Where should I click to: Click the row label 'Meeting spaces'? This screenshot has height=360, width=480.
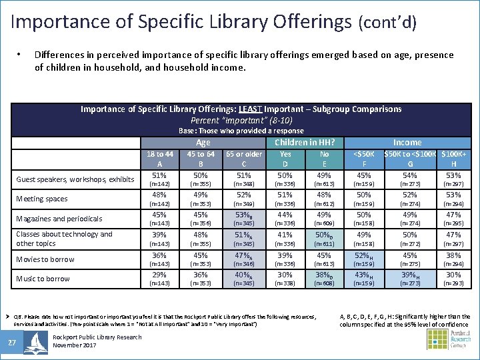[x=42, y=198]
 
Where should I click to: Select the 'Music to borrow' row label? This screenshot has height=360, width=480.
[x=43, y=279]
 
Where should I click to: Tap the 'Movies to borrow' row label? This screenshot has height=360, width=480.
[x=45, y=259]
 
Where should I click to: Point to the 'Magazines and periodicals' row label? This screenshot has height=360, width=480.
[x=59, y=218]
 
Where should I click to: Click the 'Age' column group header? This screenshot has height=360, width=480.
[x=203, y=142]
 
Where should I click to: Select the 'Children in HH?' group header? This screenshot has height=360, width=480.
[x=305, y=142]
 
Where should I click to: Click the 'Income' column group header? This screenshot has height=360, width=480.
[x=407, y=142]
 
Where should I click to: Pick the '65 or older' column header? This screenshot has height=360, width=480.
[x=243, y=154]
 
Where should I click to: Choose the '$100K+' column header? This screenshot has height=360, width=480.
[x=453, y=154]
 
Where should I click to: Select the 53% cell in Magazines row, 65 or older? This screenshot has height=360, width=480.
[x=243, y=215]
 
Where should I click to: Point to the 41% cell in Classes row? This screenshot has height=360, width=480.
[x=285, y=235]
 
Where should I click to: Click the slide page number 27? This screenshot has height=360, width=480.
[x=12, y=342]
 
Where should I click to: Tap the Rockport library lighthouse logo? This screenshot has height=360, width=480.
[x=35, y=342]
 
